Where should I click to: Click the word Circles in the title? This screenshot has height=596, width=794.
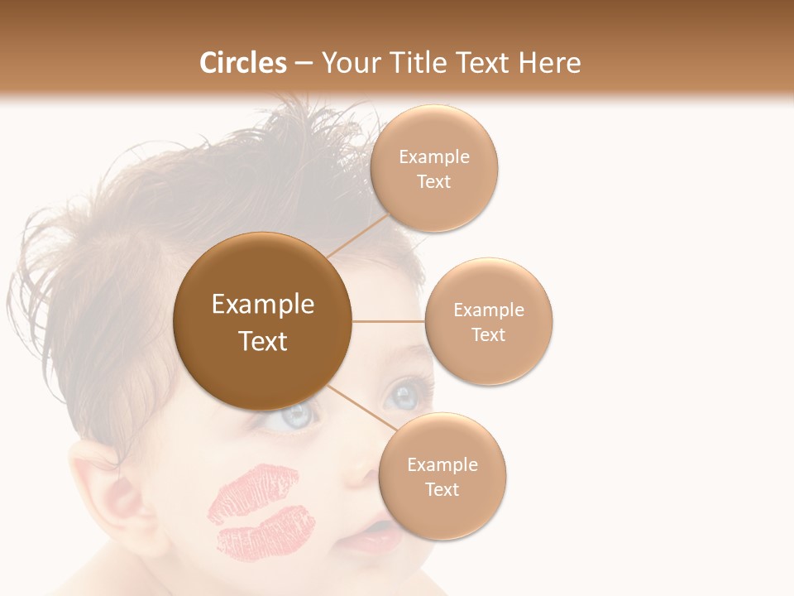pos(242,63)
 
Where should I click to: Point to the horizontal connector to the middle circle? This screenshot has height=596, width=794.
pos(389,321)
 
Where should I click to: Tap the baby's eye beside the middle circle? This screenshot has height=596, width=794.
pos(405,394)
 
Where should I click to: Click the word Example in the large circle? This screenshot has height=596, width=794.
pos(263,305)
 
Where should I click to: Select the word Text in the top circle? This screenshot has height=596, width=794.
pos(433,181)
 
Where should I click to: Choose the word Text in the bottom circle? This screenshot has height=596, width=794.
pos(442,489)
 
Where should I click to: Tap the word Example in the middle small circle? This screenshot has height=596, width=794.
pos(489,310)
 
